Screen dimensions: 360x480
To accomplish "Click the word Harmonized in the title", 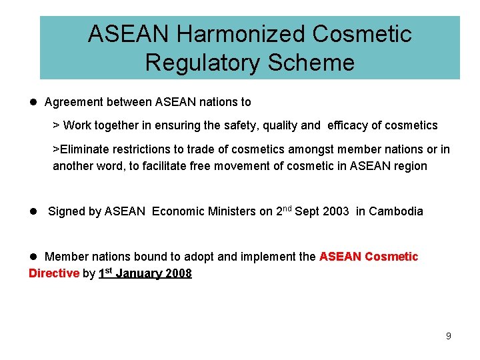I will tap(235, 34).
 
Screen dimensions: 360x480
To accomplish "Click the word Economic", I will tap(177, 211).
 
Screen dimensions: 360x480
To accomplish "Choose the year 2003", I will tap(335, 211).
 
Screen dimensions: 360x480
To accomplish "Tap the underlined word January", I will tap(139, 273).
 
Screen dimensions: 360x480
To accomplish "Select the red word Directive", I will tap(54, 273).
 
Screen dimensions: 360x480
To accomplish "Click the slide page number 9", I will tap(449, 336).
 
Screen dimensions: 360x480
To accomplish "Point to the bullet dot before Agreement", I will tap(33, 103).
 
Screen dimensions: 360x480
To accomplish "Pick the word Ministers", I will tap(231, 211).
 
